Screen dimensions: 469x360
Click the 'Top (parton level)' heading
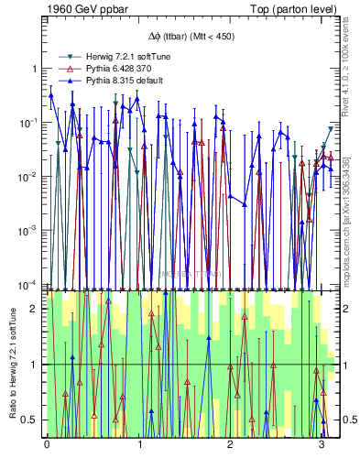coord(294,11)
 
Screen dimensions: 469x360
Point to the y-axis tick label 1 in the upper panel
coord(34,69)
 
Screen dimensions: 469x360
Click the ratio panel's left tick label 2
coord(35,309)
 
